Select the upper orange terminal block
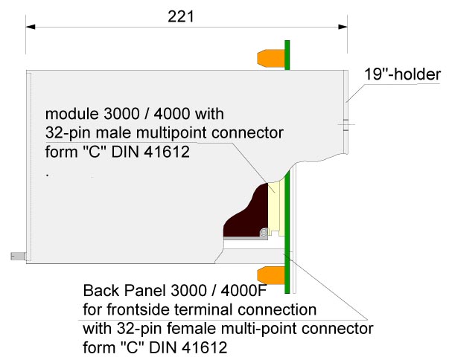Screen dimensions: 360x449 point(270,57)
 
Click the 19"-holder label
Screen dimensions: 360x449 point(402,74)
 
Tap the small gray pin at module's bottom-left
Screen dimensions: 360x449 point(18,256)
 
